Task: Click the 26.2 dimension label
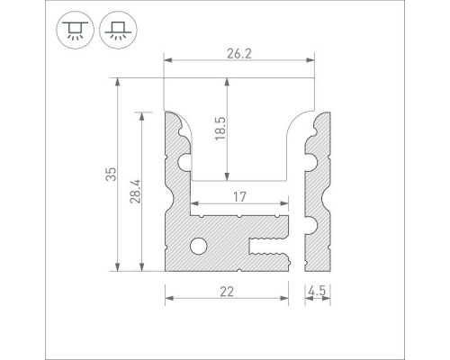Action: click(239, 54)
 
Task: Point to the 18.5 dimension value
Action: click(220, 129)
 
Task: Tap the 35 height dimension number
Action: click(111, 174)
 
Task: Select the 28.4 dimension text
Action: click(135, 192)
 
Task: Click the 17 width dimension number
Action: click(239, 197)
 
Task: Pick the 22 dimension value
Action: click(227, 292)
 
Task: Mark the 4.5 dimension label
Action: click(317, 292)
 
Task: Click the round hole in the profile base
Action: click(199, 247)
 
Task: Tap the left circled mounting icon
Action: click(75, 30)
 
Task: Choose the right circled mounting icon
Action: click(118, 30)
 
